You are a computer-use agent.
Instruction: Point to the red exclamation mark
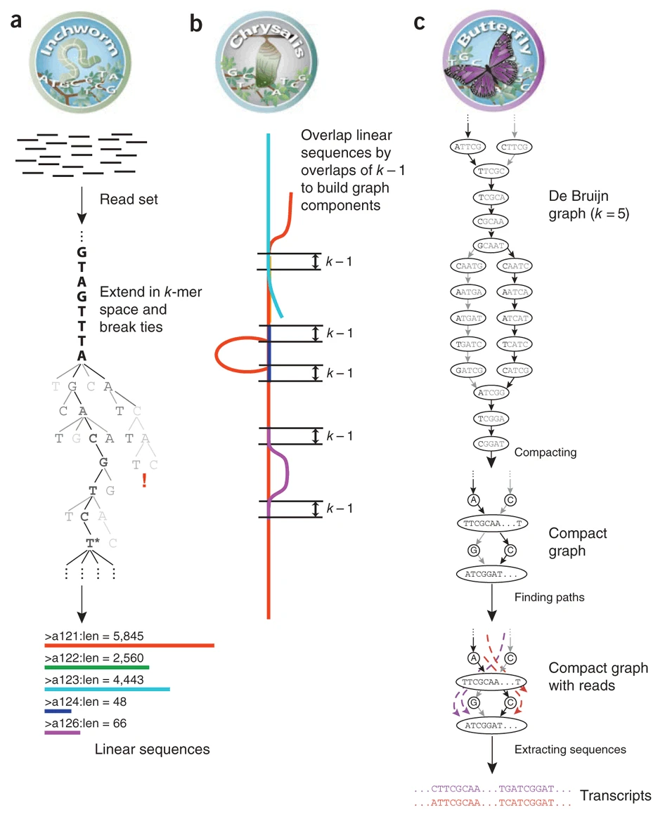coord(144,480)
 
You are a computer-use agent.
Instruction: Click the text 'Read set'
coord(129,200)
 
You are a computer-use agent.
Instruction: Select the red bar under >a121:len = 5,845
coord(129,645)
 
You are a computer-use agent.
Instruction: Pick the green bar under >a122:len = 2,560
coord(96,667)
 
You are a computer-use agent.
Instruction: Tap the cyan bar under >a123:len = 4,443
coord(107,690)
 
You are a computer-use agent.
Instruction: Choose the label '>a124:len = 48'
coord(81,701)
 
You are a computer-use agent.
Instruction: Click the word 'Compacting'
coord(545,452)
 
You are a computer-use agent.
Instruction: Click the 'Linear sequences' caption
coord(152,749)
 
